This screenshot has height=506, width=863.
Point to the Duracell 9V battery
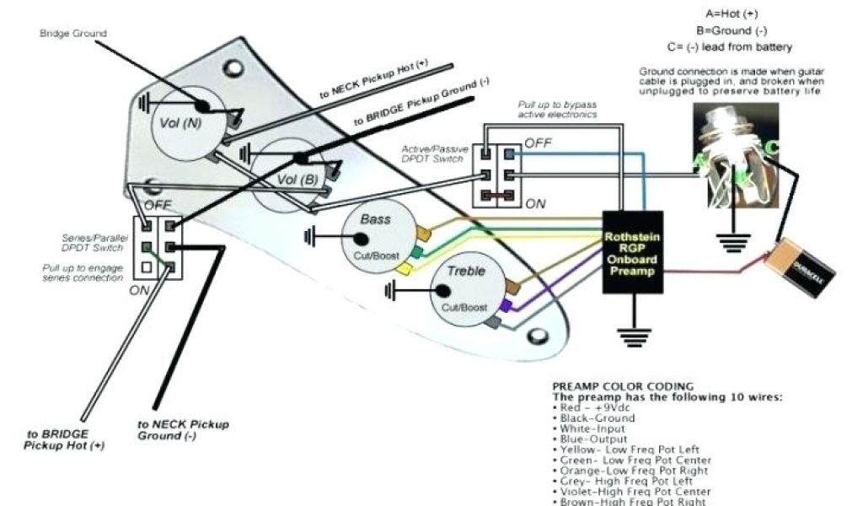point(800,268)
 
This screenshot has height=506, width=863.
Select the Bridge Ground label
point(73,33)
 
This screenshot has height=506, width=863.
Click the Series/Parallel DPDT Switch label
point(94,244)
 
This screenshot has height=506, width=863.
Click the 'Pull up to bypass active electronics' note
point(558,109)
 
